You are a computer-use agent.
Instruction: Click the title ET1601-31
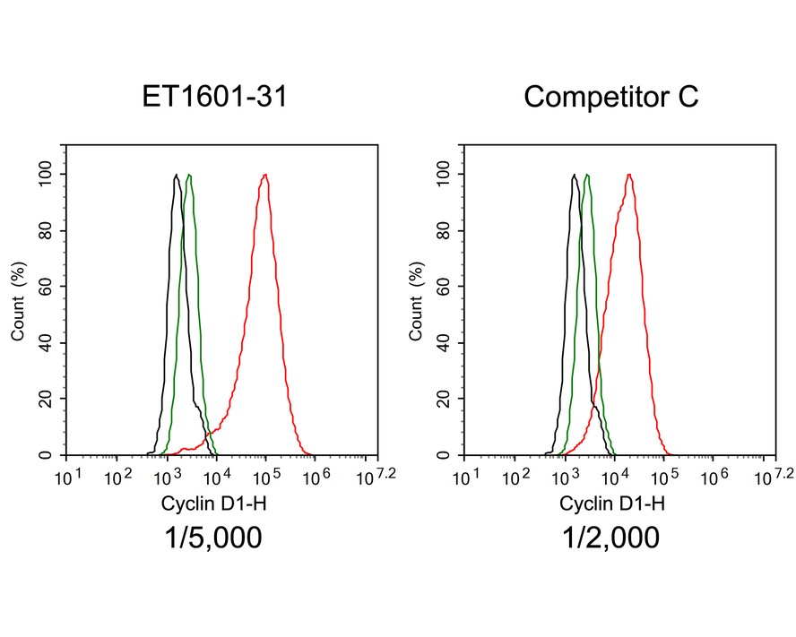tap(215, 97)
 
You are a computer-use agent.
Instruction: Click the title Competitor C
tap(611, 97)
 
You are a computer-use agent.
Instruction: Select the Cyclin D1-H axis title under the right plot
tap(612, 504)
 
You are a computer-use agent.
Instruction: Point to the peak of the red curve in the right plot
tap(629, 175)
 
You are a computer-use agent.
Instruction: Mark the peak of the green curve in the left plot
tap(188, 175)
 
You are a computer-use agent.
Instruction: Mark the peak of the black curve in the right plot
tap(574, 175)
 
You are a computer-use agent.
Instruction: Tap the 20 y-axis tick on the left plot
tap(47, 400)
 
